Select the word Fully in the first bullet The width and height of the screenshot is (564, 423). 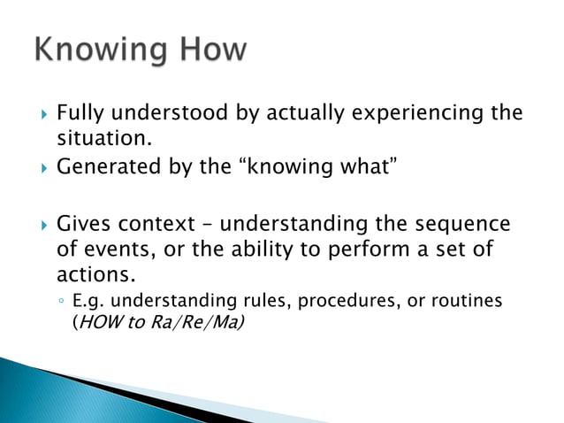pyautogui.click(x=80, y=114)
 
